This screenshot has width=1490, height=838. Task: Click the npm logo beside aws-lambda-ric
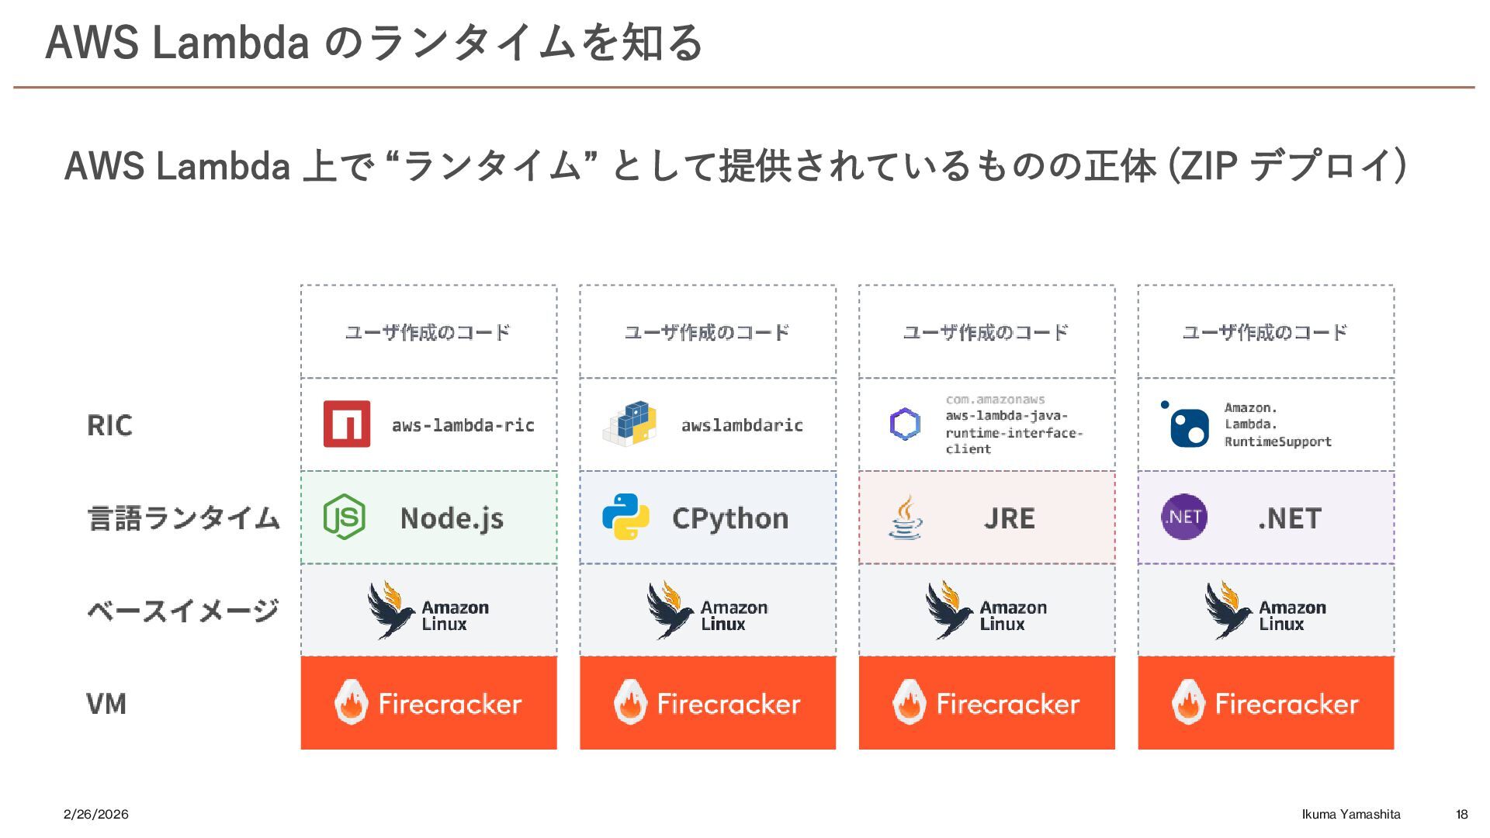[346, 424]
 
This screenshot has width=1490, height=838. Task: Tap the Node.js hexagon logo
[344, 517]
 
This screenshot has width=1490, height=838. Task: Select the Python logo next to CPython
[625, 517]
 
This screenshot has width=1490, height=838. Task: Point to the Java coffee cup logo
[905, 518]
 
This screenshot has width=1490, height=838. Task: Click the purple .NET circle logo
[1184, 517]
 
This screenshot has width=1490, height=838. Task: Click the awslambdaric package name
[742, 425]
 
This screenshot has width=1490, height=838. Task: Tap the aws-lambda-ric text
[463, 425]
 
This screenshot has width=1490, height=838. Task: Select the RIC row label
[109, 425]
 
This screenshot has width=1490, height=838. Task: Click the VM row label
[106, 704]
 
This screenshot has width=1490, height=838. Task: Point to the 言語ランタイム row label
[183, 518]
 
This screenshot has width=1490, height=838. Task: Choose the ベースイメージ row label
[183, 611]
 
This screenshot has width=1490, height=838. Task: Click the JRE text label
[1009, 518]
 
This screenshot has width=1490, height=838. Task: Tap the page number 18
[1462, 814]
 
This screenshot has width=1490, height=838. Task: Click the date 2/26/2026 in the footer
[96, 814]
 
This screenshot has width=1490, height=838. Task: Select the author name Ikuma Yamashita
[1351, 814]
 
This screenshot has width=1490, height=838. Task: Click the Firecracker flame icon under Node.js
[351, 702]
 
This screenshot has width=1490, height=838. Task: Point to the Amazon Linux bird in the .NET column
[1228, 610]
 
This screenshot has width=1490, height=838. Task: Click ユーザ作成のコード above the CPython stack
[707, 332]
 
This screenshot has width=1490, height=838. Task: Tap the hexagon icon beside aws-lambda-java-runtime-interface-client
[905, 424]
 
